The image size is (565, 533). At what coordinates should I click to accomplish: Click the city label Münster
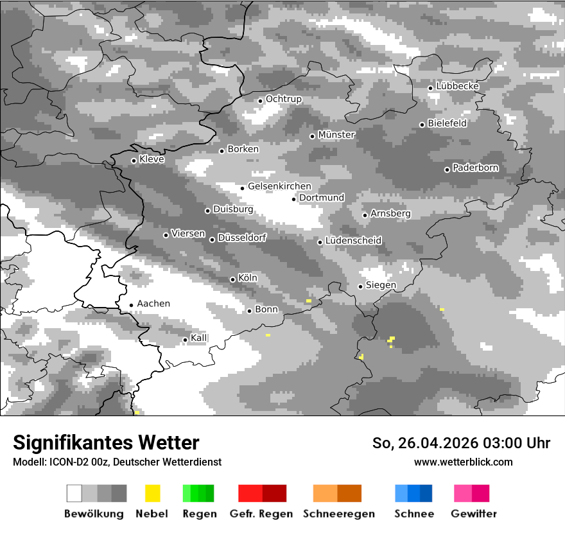(x=336, y=135)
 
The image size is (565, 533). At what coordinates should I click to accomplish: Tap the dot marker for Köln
(x=232, y=279)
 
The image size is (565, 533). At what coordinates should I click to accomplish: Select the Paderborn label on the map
(x=476, y=168)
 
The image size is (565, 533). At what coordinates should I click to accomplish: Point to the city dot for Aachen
(x=131, y=305)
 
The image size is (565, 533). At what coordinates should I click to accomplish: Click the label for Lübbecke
(x=458, y=86)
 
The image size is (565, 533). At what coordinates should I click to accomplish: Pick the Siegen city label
(x=381, y=285)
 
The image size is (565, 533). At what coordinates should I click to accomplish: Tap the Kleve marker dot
(x=134, y=161)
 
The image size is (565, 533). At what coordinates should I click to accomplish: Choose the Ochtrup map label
(x=284, y=99)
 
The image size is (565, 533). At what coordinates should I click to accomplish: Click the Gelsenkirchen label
(x=279, y=186)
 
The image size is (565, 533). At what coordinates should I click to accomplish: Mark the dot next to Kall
(x=185, y=340)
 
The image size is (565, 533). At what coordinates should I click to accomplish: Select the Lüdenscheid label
(x=353, y=241)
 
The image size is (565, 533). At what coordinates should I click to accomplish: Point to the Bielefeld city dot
(x=422, y=125)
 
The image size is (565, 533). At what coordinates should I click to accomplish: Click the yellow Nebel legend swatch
(x=152, y=493)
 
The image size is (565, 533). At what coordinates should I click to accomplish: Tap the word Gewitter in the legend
(x=474, y=514)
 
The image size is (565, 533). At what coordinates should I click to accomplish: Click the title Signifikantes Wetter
(x=106, y=442)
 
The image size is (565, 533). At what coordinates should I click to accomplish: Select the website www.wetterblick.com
(x=464, y=462)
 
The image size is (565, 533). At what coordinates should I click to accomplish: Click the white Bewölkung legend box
(x=74, y=493)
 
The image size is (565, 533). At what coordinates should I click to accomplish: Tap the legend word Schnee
(x=414, y=514)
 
